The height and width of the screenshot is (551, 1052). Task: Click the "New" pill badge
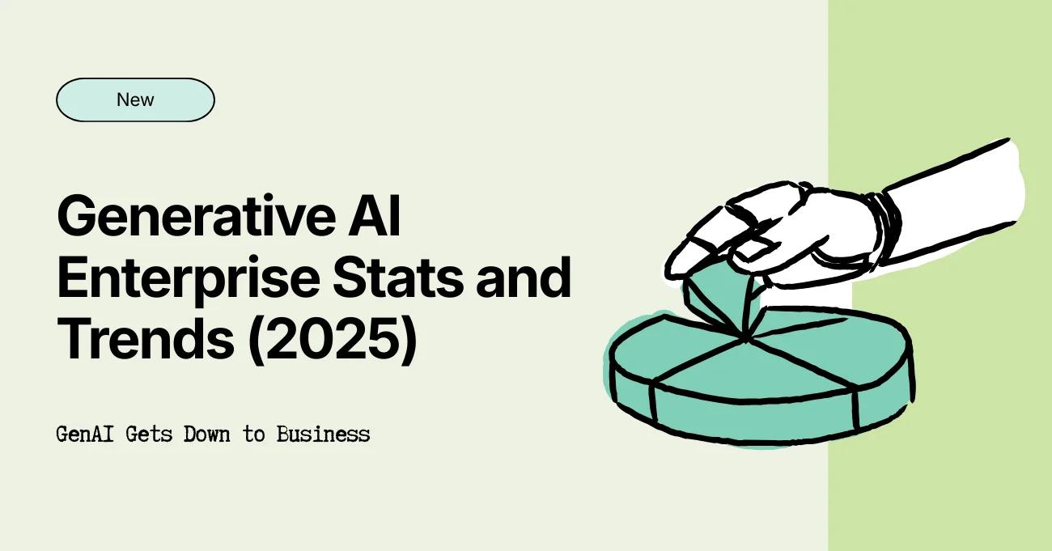point(135,100)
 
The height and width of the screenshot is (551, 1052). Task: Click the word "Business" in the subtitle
point(323,434)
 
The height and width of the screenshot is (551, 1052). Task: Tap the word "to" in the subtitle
point(254,434)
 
